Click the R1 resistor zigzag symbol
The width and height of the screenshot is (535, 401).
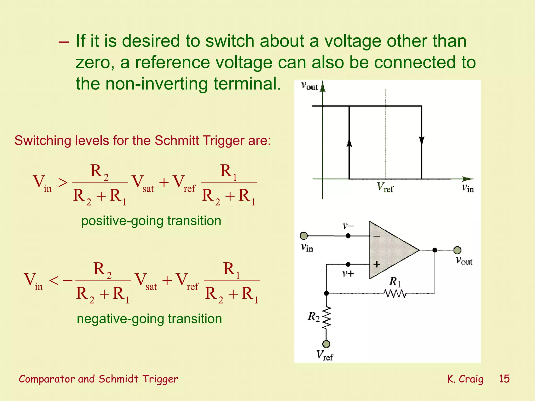tap(395, 293)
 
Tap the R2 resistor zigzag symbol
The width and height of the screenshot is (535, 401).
tap(327, 318)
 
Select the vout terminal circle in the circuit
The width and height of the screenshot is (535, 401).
tap(457, 250)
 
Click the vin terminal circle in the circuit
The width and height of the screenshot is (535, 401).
tap(304, 236)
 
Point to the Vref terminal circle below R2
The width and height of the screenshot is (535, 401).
tap(326, 344)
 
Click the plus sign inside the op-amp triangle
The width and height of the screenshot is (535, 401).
tap(376, 264)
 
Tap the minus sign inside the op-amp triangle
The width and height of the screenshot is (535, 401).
tap(376, 236)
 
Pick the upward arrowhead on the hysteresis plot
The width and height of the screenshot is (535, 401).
tap(349, 143)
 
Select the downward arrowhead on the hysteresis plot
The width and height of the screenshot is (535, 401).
tap(422, 140)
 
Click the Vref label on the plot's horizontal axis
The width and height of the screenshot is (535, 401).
tap(385, 187)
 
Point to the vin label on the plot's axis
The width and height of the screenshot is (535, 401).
tap(468, 188)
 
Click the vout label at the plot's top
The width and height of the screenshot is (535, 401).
tap(309, 86)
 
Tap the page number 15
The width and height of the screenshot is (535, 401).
tap(504, 379)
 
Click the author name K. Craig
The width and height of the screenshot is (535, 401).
tap(465, 379)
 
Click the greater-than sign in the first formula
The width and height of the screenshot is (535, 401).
tap(63, 182)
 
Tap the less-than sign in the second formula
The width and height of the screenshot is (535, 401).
tap(54, 281)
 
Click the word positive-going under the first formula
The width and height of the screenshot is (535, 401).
tap(123, 221)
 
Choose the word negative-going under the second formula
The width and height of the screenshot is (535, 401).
tap(120, 319)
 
